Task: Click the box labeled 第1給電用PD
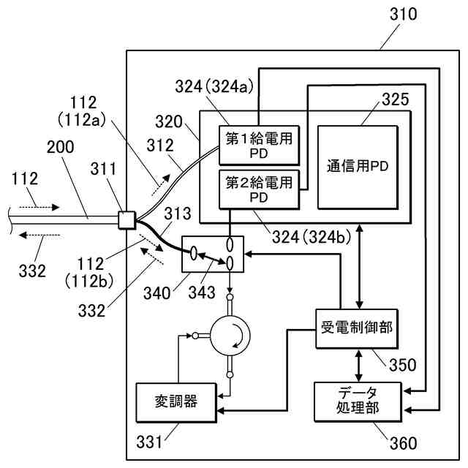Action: (258, 146)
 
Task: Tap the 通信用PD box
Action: (357, 166)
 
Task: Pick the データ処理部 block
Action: (358, 401)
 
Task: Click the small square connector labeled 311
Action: (127, 218)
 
